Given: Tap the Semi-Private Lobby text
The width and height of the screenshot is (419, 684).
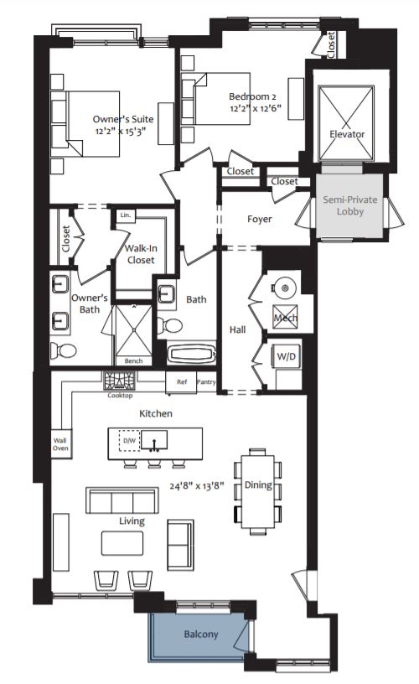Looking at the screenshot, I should click(349, 206).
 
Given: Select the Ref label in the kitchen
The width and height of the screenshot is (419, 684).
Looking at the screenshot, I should click(181, 381).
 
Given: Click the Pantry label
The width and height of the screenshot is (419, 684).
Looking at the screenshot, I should click(205, 381).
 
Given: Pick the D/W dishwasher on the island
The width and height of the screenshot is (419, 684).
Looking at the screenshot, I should click(129, 440).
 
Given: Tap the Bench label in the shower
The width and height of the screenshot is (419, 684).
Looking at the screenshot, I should click(133, 360).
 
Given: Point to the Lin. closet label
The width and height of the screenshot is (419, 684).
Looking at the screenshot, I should click(125, 215).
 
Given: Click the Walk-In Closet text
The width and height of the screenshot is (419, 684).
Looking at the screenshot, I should click(140, 254).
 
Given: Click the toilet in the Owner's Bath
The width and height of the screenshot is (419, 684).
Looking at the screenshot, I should click(66, 349).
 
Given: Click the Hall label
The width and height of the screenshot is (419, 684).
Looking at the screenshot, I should click(237, 329).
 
